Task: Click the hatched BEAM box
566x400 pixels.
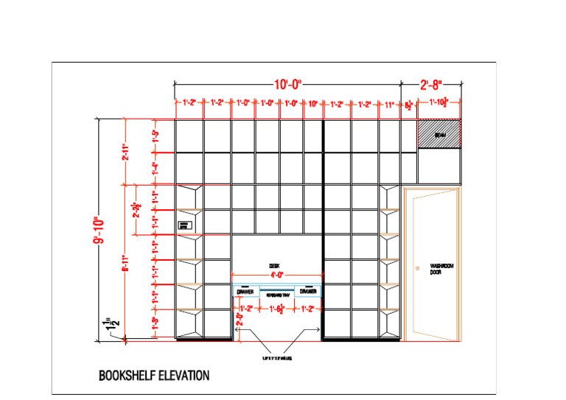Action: tap(439, 135)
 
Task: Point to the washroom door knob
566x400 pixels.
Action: tap(417, 266)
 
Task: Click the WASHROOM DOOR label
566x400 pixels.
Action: tap(441, 269)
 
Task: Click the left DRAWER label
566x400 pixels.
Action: tap(245, 292)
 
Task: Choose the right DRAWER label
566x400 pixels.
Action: tap(309, 292)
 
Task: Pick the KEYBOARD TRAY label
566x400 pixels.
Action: tap(277, 292)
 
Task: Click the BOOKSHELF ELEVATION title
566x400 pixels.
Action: tap(154, 376)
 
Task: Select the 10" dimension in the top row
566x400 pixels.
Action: tap(312, 104)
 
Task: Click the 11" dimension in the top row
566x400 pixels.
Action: tap(389, 104)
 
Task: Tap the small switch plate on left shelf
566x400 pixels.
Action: tap(184, 225)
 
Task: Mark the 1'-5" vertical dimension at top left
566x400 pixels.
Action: tap(156, 136)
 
